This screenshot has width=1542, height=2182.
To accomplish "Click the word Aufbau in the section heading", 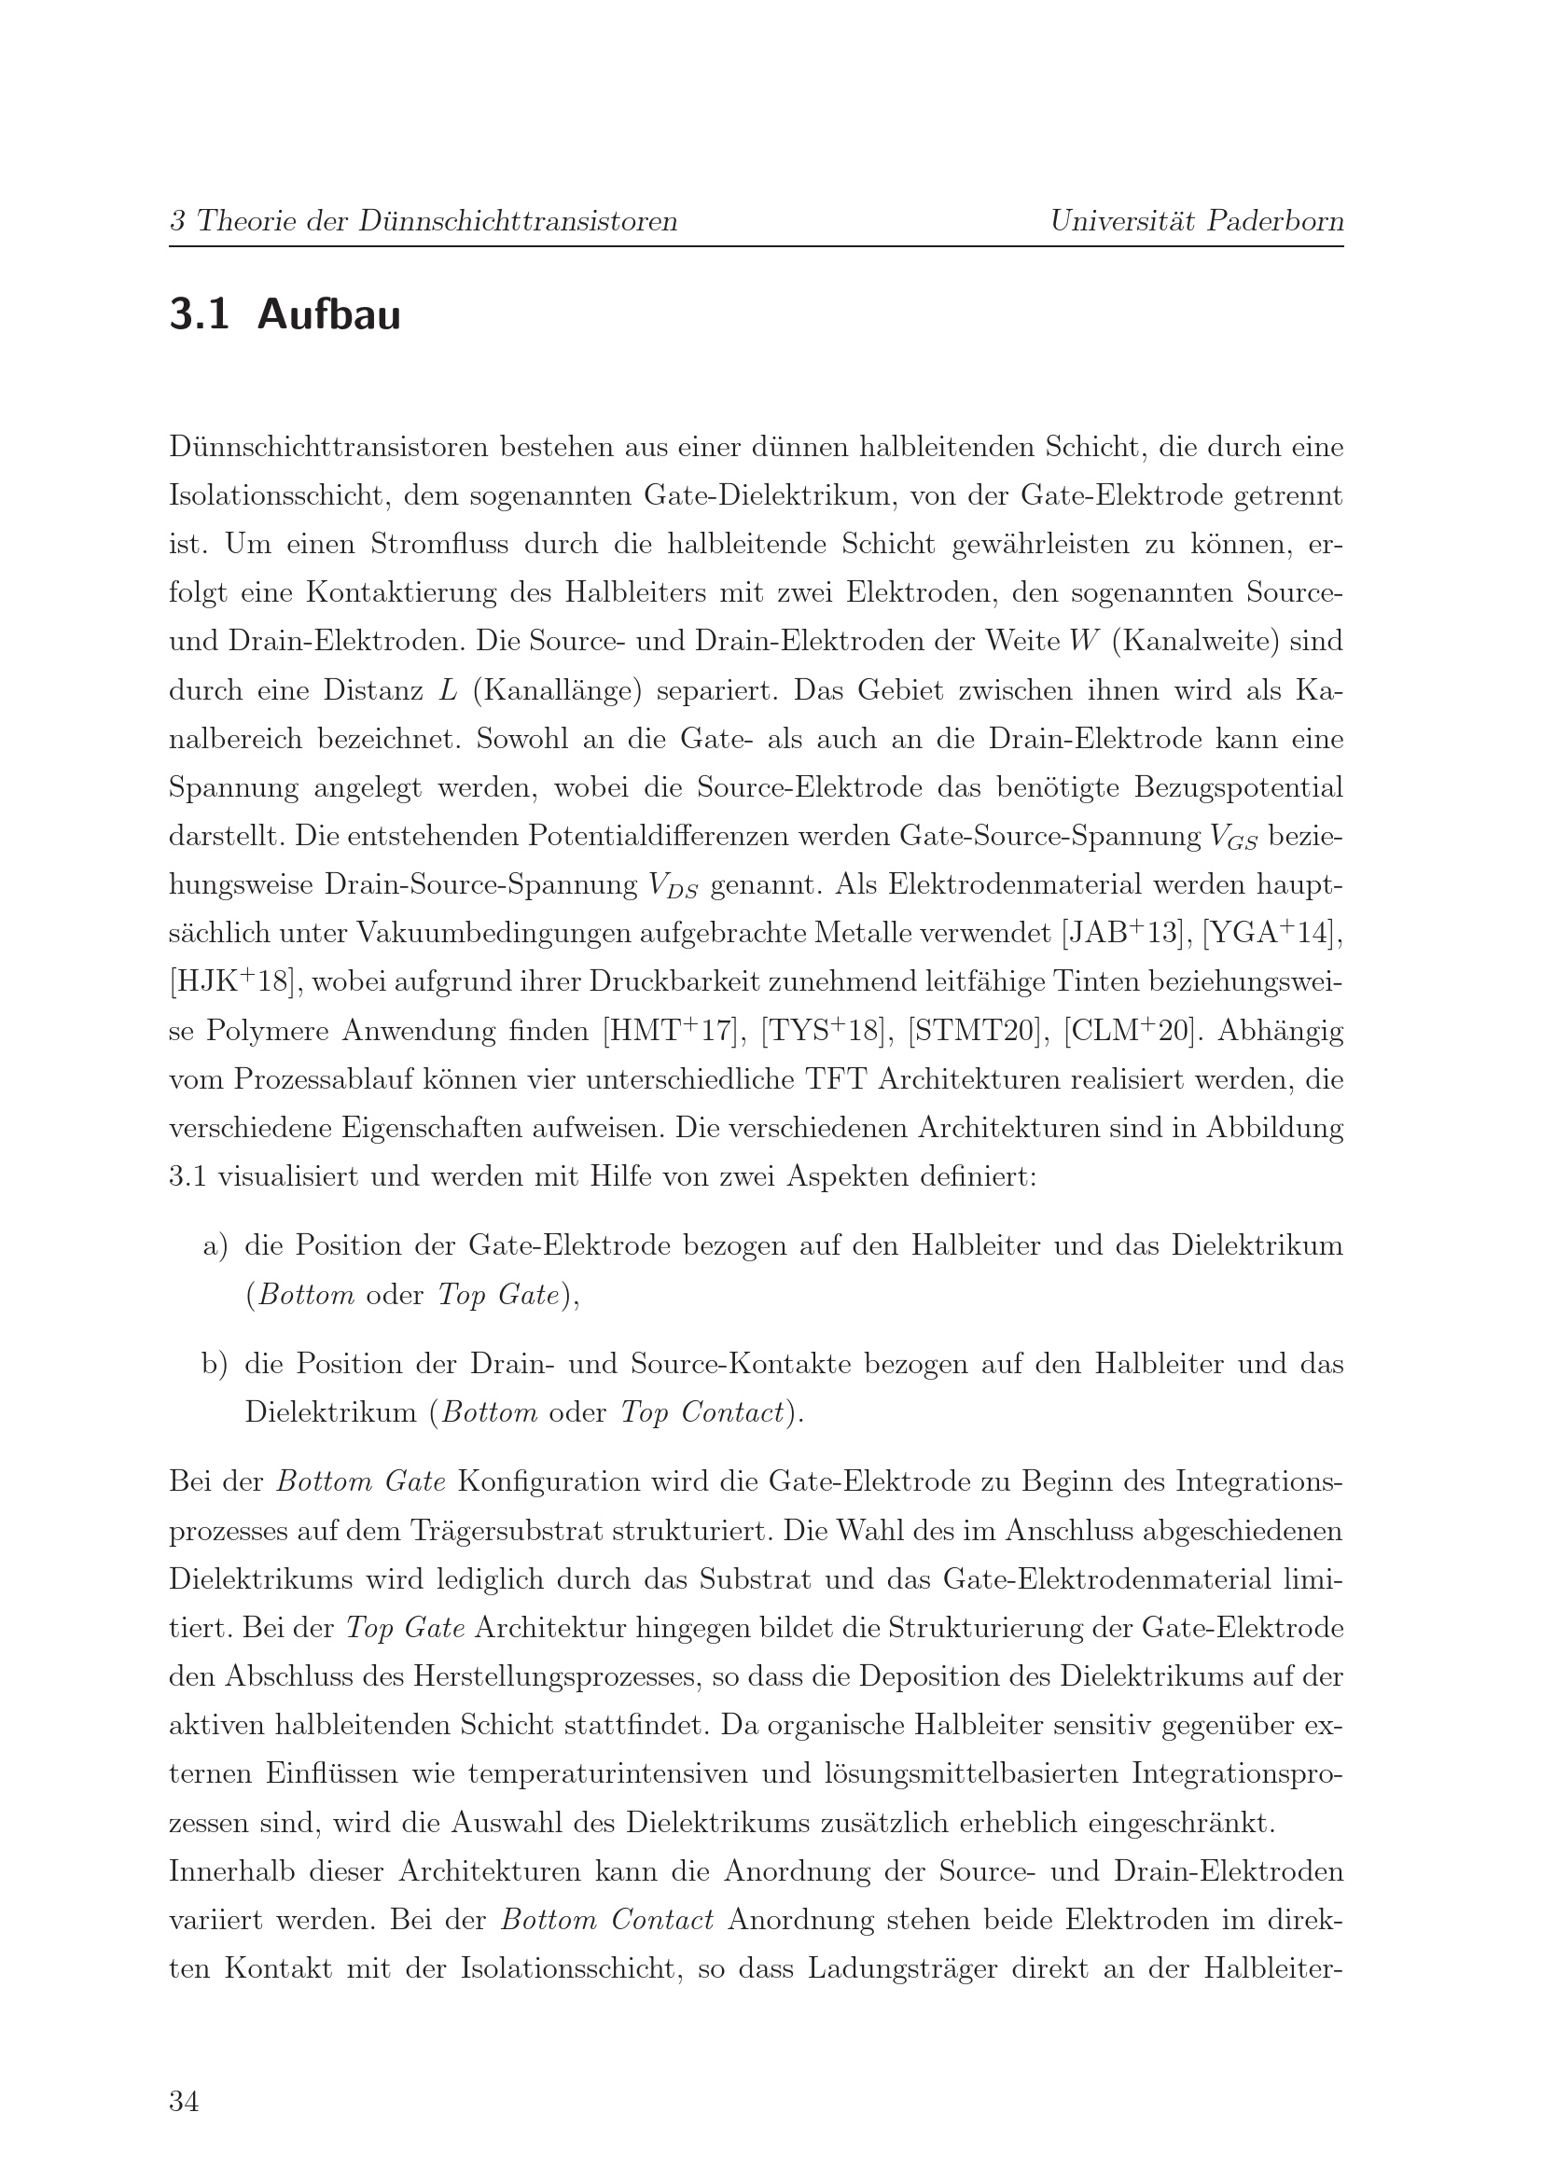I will pos(328,315).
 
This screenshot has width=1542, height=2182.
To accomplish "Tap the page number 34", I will pos(185,2101).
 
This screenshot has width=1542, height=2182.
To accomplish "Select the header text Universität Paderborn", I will pos(1196,221).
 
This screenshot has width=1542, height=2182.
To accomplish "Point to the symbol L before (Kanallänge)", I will pos(448,691).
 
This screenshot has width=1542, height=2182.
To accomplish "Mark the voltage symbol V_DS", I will pos(673,886).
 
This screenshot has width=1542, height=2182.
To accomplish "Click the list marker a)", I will pos(215,1245).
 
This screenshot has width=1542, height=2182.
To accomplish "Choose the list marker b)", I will pos(215,1364).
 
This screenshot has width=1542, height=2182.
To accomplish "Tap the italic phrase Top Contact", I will pos(702,1412).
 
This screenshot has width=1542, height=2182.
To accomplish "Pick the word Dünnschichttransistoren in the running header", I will pos(518,221).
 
